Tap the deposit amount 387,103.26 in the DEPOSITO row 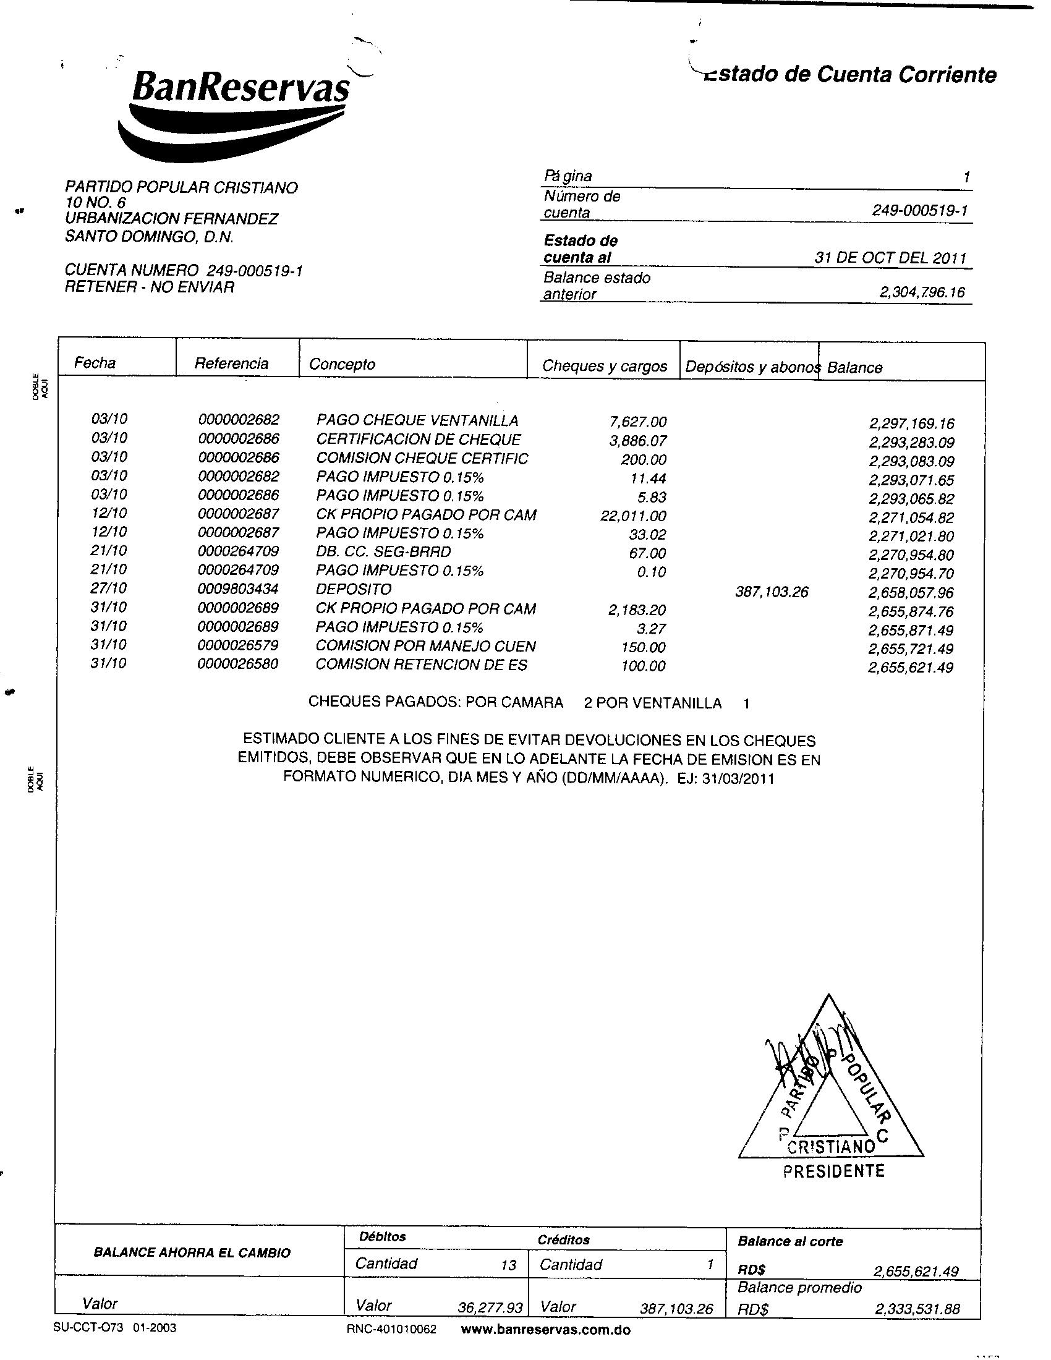(x=772, y=592)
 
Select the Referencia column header (x=232, y=363)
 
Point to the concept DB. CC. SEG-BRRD (x=383, y=552)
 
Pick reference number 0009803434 (x=239, y=589)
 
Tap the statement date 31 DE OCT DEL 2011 (x=890, y=258)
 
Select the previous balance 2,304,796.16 (x=922, y=292)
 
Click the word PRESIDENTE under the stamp (x=834, y=1171)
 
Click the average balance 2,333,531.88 (x=917, y=1309)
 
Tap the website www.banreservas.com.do (x=546, y=1330)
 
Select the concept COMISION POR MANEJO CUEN (x=426, y=647)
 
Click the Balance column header (x=854, y=367)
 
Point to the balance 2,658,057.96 (x=911, y=592)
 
